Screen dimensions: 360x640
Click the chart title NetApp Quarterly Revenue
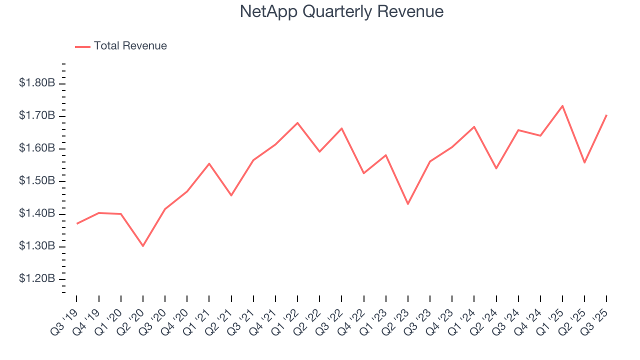[341, 11]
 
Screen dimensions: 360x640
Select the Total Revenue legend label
[130, 46]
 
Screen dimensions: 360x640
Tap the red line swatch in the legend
[82, 46]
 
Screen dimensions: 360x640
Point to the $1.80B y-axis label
[37, 83]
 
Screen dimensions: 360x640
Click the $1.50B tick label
[37, 181]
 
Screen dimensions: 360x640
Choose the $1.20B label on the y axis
[37, 278]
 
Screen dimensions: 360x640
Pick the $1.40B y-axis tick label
[37, 213]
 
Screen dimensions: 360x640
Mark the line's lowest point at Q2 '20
[143, 246]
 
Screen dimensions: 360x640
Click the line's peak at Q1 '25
[562, 105]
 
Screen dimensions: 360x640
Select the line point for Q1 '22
[297, 122]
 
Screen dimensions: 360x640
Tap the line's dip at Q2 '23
[408, 204]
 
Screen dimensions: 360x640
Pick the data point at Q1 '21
[209, 163]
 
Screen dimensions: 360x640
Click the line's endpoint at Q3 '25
[606, 115]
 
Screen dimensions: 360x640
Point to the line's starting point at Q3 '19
[76, 223]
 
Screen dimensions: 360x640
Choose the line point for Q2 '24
[496, 168]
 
